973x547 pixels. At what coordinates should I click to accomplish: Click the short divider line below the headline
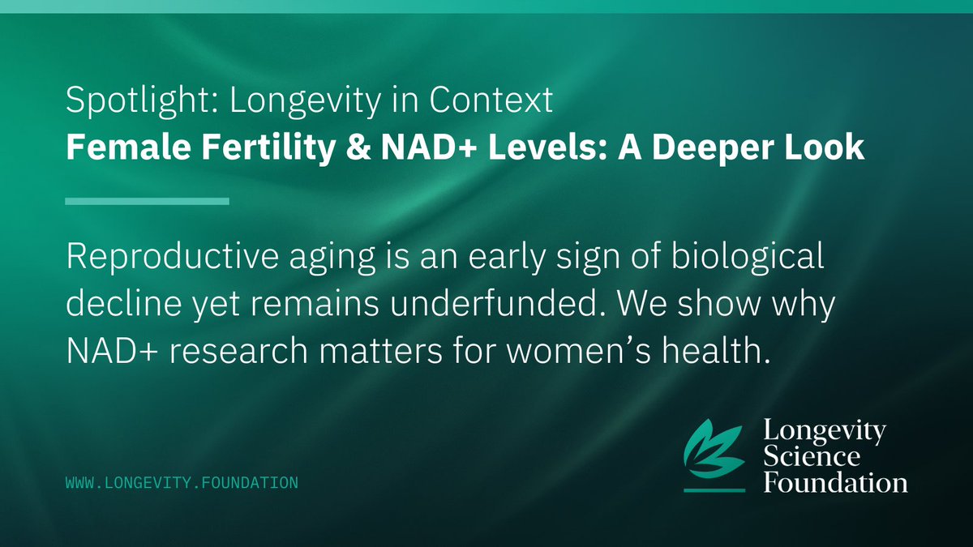(147, 200)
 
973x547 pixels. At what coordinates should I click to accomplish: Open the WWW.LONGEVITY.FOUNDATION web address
(182, 483)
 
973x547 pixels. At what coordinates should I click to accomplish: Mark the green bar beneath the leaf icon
(714, 489)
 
